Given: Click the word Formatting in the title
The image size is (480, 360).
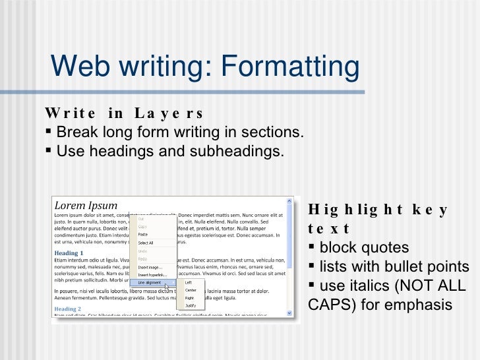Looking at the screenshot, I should tap(289, 66).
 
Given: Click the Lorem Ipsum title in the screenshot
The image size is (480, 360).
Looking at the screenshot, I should tap(86, 205).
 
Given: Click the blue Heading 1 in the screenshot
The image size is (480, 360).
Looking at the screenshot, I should tap(69, 253).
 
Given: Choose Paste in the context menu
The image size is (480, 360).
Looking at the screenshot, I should tap(143, 234).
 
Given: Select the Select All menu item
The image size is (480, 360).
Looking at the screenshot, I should tap(146, 243).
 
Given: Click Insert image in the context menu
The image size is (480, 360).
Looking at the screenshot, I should tap(150, 267).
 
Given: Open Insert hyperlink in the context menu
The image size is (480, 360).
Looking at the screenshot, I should tap(152, 274).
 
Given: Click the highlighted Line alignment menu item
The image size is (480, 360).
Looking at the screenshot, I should tap(151, 283).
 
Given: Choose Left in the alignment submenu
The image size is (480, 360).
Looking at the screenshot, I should tap(189, 282).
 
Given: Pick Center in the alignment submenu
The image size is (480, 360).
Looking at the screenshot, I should tap(191, 290).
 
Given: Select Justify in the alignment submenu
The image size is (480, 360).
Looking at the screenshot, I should tap(191, 306).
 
